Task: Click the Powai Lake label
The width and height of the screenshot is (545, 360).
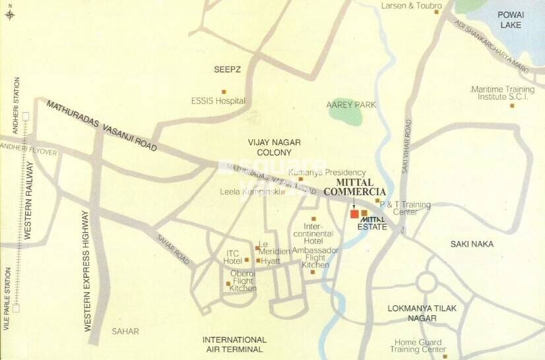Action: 511,20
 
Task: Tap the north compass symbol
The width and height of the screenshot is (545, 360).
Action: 9,13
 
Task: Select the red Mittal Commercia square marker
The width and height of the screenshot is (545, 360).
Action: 354,214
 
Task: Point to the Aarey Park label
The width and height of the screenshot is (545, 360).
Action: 351,105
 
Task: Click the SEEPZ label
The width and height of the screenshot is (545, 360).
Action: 226,69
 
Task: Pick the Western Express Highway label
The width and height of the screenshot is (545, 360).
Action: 86,270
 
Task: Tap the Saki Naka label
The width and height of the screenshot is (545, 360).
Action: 472,244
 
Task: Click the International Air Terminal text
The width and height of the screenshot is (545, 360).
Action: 234,344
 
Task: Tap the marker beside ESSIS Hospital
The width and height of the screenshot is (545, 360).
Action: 224,92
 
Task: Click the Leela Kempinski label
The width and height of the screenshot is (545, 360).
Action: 249,192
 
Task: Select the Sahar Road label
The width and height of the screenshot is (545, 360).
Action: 173,249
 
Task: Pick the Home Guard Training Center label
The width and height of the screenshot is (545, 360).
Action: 420,345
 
